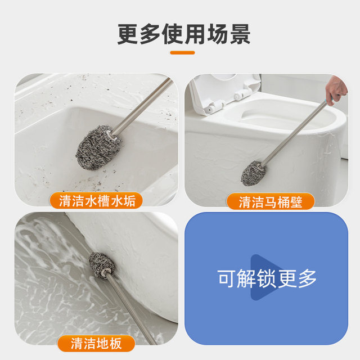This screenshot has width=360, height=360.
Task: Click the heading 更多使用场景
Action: point(183,34)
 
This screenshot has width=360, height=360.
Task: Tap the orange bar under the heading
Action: point(182,53)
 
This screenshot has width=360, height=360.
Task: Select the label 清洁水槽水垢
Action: point(97,201)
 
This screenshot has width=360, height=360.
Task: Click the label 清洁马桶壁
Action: point(270,202)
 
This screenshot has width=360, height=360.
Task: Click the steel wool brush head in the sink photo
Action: point(94,145)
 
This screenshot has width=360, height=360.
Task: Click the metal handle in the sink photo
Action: point(143,107)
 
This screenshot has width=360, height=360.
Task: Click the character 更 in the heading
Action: point(129,34)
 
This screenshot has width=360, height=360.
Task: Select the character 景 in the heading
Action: point(238,34)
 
